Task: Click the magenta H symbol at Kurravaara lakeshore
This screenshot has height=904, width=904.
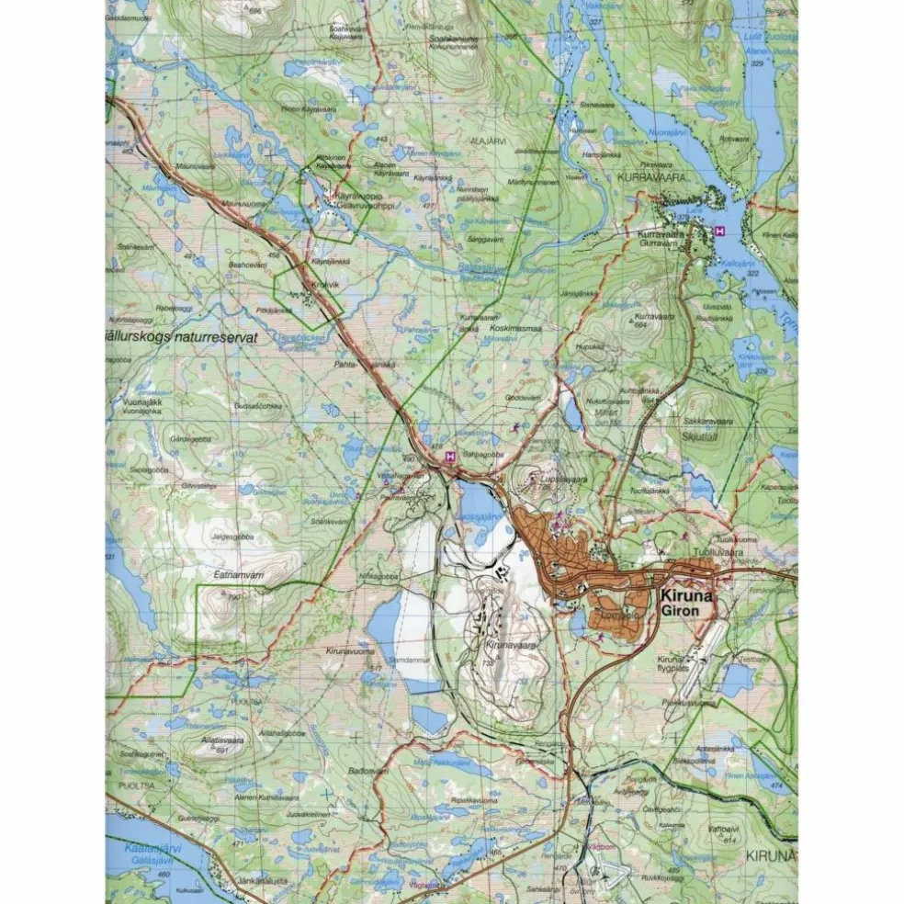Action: click(x=720, y=231)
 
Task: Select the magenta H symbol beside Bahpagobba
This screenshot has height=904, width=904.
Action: click(x=450, y=456)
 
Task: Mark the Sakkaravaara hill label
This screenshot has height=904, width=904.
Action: click(x=707, y=422)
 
